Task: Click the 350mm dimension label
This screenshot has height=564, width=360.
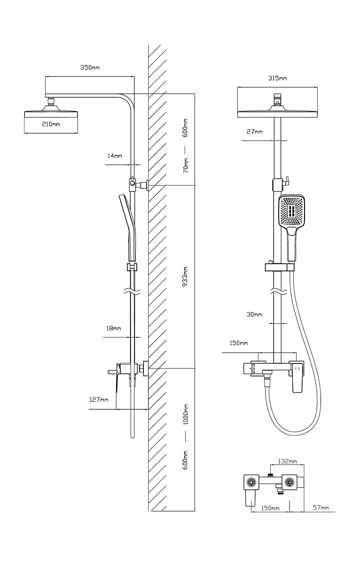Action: tap(89, 68)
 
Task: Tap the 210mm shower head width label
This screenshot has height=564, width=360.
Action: tap(51, 124)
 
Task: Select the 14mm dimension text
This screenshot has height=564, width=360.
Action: tap(114, 156)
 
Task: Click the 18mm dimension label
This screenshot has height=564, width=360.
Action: tap(113, 328)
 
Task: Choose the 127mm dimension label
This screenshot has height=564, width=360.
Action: tap(99, 400)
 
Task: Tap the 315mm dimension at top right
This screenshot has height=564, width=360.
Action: tap(277, 78)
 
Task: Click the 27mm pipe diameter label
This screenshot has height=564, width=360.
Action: tap(255, 132)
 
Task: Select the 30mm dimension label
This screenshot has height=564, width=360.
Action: tap(254, 314)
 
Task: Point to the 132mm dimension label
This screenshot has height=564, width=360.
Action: tap(288, 462)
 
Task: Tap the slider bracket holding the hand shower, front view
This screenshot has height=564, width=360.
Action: tap(280, 267)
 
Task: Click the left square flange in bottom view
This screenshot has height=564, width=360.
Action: tap(251, 482)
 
